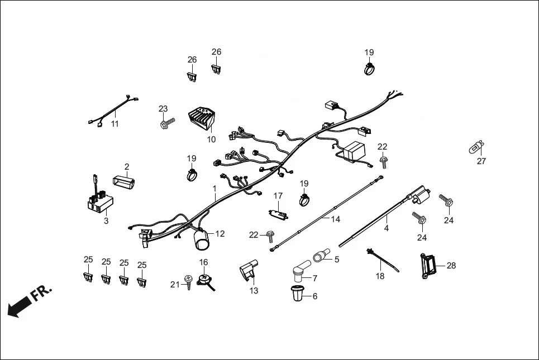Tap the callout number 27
click(481, 161)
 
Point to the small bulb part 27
click(475, 148)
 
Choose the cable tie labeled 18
click(384, 260)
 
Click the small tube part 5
click(321, 257)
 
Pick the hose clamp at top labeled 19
click(369, 70)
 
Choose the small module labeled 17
click(278, 213)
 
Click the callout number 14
click(335, 219)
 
